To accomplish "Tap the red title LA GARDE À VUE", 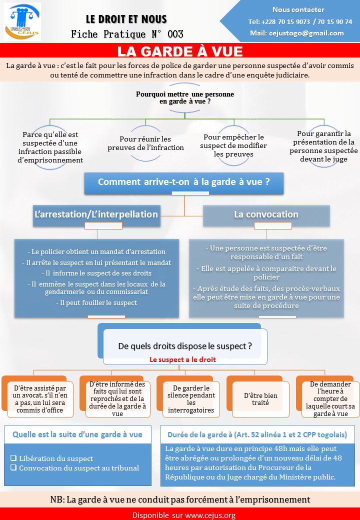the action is click(180, 51).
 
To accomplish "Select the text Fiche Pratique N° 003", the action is click(127, 34).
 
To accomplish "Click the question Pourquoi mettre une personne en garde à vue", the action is click(185, 98).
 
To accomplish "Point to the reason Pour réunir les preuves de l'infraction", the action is click(145, 143).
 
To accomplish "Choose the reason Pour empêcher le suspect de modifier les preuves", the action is click(233, 145).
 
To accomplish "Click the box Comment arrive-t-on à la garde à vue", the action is click(184, 182).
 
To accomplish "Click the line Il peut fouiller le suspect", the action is click(96, 303).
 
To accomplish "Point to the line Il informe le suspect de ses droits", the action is click(96, 273).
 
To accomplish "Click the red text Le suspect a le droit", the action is click(182, 359).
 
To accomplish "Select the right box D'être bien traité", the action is click(260, 399).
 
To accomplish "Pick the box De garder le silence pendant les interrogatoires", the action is click(191, 399).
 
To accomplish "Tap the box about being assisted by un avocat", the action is click(40, 399).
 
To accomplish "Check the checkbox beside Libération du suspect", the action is click(13, 458).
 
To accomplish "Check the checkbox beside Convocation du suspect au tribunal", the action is click(13, 467).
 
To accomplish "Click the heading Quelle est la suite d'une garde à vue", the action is click(77, 435).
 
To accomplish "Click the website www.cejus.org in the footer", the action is click(210, 515).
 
